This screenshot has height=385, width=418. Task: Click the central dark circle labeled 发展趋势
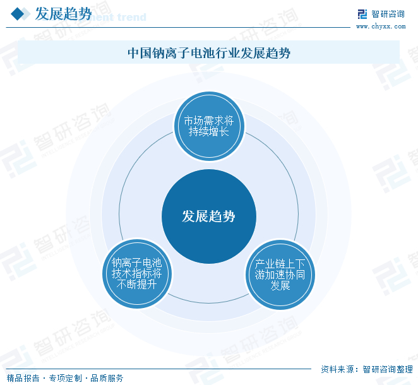[x=209, y=216]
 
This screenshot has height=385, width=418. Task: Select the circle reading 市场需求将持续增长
[x=209, y=126]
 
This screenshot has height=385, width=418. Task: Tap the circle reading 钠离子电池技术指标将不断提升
[x=137, y=274]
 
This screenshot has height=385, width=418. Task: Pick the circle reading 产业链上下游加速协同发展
[x=280, y=275]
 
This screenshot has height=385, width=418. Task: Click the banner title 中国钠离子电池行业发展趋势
[x=209, y=53]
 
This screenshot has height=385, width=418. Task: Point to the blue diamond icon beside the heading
[x=18, y=14]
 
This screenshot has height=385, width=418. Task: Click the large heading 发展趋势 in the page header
[x=63, y=14]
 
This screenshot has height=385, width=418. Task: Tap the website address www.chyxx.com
[x=381, y=27]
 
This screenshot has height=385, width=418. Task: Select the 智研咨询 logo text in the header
[x=388, y=14]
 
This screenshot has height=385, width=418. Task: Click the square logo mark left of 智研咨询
[x=362, y=14]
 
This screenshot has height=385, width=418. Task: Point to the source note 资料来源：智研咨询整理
[x=367, y=369]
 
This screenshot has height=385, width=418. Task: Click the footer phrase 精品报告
[x=23, y=378]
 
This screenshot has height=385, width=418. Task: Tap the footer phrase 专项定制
[x=65, y=378]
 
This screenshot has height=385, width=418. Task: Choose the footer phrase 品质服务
[x=107, y=378]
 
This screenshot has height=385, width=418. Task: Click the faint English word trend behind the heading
[x=132, y=17]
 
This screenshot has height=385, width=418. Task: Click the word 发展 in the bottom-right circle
[x=280, y=285]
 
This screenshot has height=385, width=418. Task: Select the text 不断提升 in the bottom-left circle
[x=137, y=285]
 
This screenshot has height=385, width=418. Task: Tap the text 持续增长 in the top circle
[x=209, y=132]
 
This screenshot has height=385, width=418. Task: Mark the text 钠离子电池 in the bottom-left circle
[x=137, y=263]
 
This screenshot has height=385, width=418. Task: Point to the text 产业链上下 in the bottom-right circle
[x=280, y=264]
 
